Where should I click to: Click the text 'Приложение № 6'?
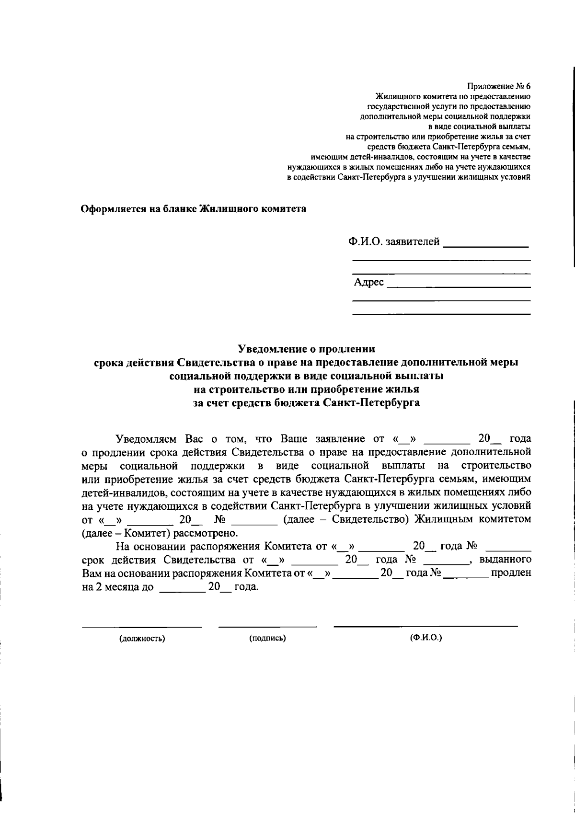click(499, 86)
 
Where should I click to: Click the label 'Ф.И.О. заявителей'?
click(394, 242)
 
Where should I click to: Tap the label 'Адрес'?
click(369, 283)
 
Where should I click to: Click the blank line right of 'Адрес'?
click(459, 286)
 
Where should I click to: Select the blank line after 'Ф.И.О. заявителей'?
click(485, 246)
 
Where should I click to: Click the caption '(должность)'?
click(142, 639)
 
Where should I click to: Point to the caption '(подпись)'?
click(267, 638)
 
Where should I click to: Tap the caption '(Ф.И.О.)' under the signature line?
click(426, 638)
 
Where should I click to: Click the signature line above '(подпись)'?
click(267, 627)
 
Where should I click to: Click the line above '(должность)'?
click(142, 627)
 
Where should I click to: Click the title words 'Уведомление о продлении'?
click(307, 349)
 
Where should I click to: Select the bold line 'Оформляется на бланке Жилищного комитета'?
click(193, 209)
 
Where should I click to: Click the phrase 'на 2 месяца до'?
click(118, 587)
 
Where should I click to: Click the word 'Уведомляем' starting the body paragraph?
click(146, 439)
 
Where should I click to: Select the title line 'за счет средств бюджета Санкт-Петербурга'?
click(306, 402)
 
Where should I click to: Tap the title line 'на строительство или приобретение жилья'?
click(306, 389)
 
